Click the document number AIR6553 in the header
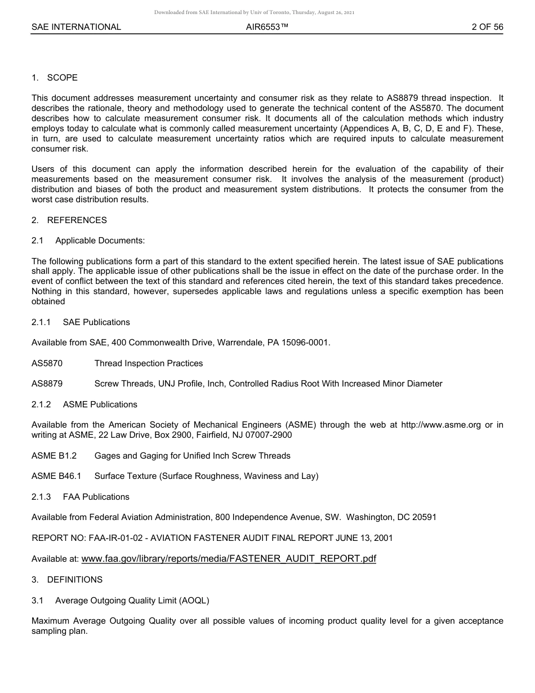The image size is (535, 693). point(267,27)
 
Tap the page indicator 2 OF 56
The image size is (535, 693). point(487,27)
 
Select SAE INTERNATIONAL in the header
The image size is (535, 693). point(76,27)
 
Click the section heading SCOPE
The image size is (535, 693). point(62,78)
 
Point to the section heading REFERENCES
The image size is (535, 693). point(77,220)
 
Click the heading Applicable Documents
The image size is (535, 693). point(100,241)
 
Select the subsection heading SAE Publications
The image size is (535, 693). point(96,322)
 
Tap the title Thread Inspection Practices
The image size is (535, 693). point(149,363)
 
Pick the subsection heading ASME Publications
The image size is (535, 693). point(100,405)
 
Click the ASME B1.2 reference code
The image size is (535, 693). point(54,455)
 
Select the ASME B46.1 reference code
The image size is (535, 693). point(56,476)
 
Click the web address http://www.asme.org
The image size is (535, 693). point(440,425)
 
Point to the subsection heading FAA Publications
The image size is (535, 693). point(96,497)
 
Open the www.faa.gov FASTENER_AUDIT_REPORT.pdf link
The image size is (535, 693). point(229,558)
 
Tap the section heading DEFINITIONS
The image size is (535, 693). point(74,580)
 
